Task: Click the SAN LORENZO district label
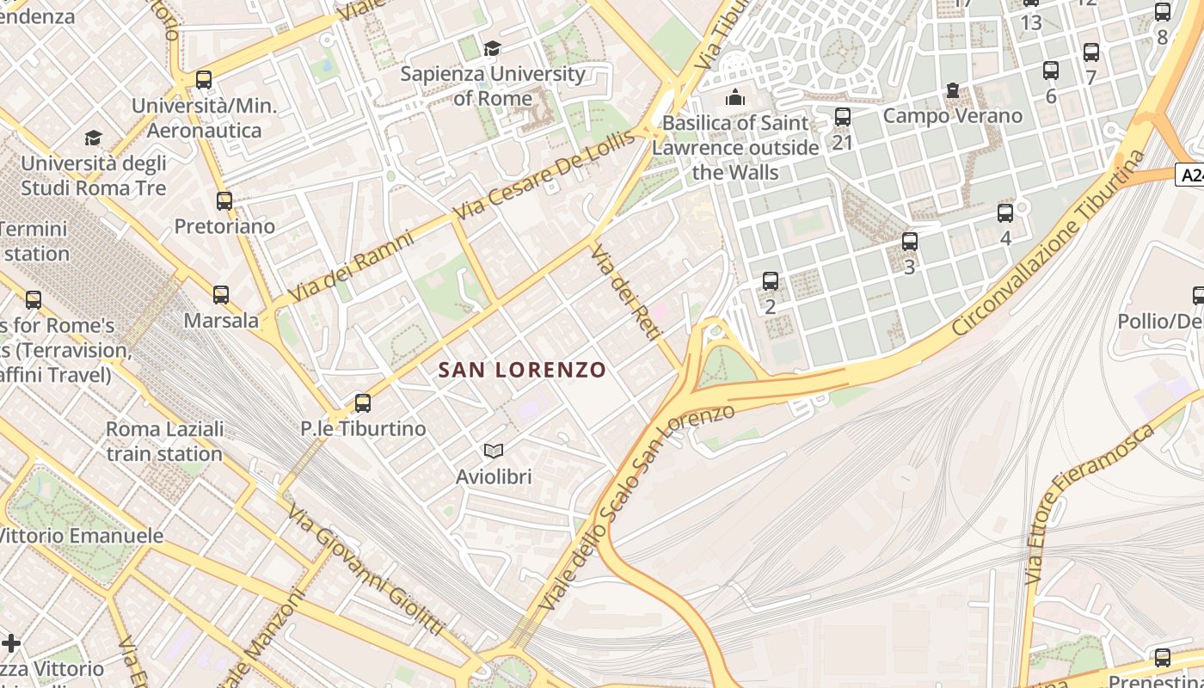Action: [522, 370]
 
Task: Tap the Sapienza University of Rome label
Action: [493, 86]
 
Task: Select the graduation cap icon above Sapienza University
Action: [493, 48]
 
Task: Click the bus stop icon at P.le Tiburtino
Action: [363, 402]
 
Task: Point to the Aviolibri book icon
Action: [493, 451]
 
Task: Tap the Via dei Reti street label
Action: [624, 293]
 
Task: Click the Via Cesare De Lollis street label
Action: [546, 175]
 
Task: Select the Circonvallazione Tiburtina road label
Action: [1049, 243]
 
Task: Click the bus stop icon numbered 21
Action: [843, 116]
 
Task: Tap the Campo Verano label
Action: [953, 115]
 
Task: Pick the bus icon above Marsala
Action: [221, 294]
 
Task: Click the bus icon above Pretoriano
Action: [224, 200]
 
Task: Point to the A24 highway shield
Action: [1190, 175]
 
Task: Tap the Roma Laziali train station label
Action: [164, 441]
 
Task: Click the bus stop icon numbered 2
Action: [771, 280]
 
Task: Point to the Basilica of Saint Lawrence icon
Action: [734, 97]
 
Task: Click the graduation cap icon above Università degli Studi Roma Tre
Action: [94, 138]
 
